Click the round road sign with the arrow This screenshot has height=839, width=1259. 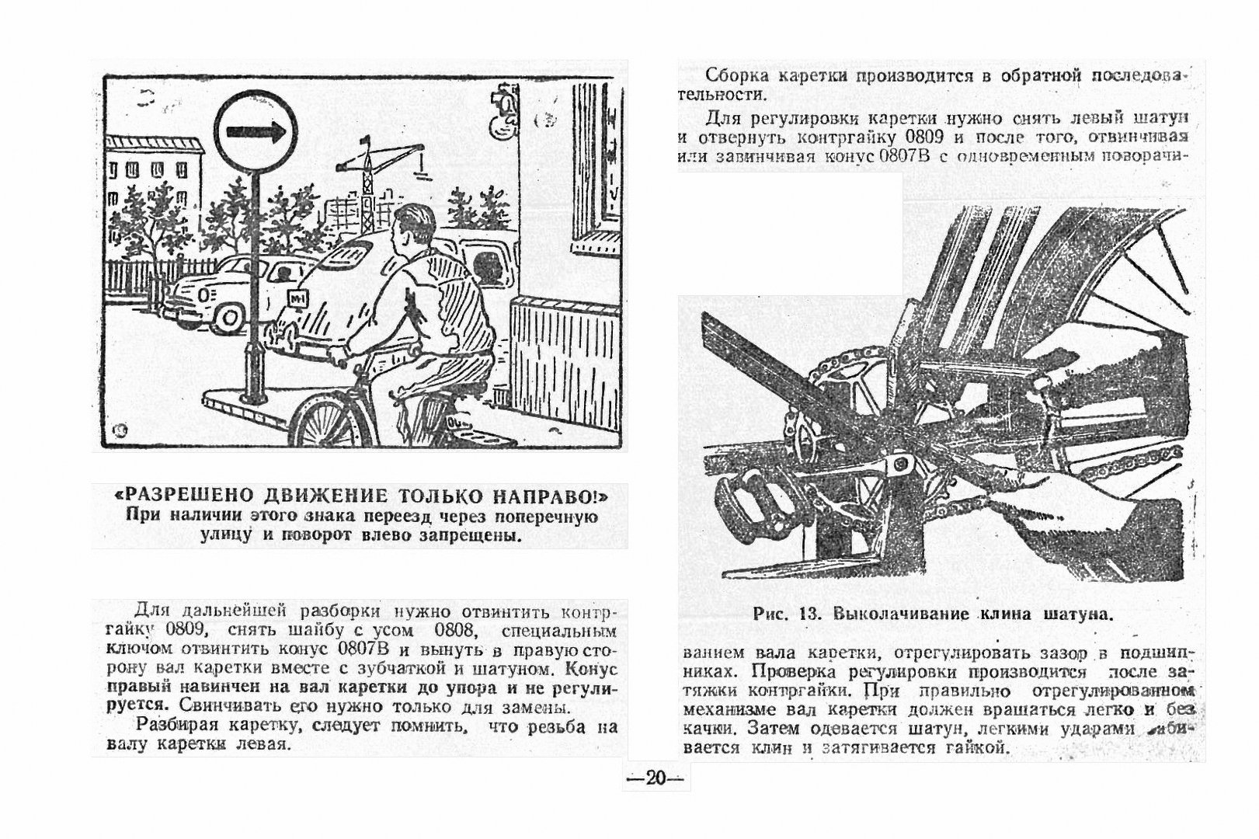[256, 131]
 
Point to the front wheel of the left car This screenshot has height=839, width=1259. [228, 315]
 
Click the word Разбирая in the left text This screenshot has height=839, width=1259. [175, 726]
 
